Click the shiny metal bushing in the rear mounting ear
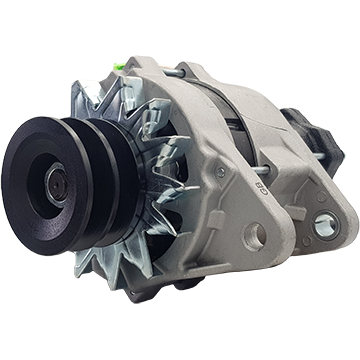pos(323,226)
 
